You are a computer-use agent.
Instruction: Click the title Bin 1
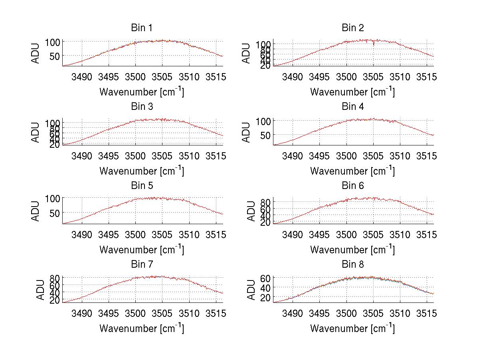pyautogui.click(x=141, y=28)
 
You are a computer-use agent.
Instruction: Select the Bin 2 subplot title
pyautogui.click(x=353, y=28)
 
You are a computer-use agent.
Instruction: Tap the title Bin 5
pyautogui.click(x=141, y=186)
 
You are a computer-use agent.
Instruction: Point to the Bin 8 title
pyautogui.click(x=353, y=265)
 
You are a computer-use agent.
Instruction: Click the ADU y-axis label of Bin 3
pyautogui.click(x=36, y=132)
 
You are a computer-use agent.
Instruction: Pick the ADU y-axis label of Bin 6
pyautogui.click(x=251, y=211)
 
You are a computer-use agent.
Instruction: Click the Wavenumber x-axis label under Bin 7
pyautogui.click(x=142, y=328)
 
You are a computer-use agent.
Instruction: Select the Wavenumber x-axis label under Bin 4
pyautogui.click(x=352, y=171)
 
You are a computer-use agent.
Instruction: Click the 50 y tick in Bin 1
pyautogui.click(x=55, y=56)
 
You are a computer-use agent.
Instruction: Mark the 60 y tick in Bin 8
pyautogui.click(x=266, y=278)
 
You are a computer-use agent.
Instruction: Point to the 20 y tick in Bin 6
pyautogui.click(x=266, y=223)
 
